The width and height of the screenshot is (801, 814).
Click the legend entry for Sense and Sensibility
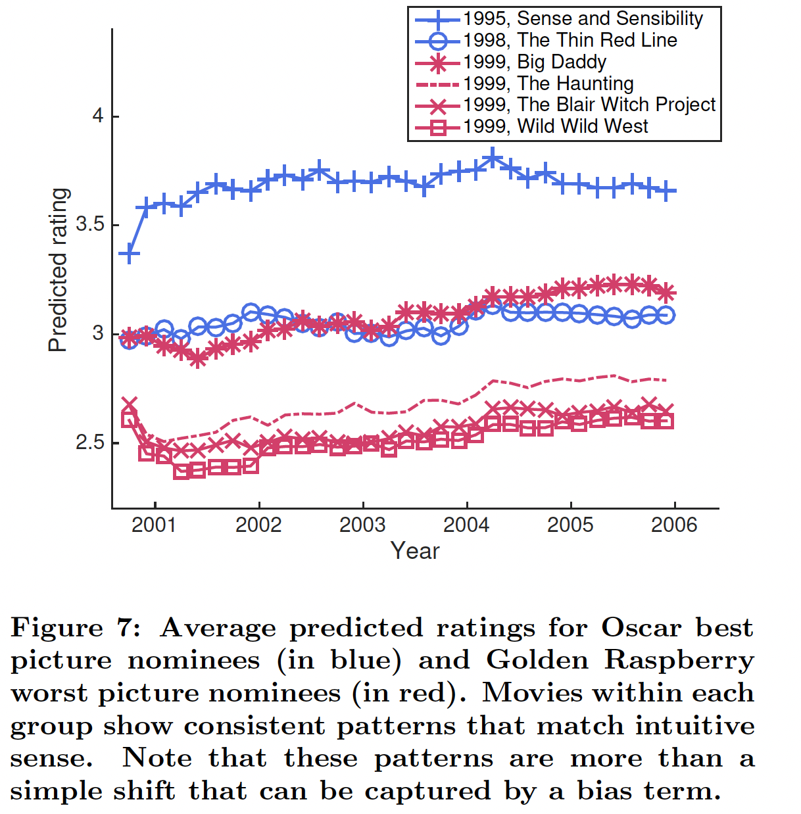(x=583, y=19)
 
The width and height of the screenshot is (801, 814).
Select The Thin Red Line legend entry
(x=570, y=41)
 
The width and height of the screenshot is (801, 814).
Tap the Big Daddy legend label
(x=534, y=62)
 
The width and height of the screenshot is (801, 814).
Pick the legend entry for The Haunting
(x=548, y=84)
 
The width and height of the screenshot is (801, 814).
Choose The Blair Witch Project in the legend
(x=589, y=105)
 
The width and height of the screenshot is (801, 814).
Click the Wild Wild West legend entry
(x=555, y=126)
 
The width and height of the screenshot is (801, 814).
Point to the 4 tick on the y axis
(x=98, y=116)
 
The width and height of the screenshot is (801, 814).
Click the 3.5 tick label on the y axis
(x=90, y=225)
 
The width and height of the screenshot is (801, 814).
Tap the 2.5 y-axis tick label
(x=90, y=443)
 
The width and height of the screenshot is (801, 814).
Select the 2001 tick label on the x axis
(x=154, y=525)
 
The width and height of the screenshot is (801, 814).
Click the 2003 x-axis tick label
(x=362, y=525)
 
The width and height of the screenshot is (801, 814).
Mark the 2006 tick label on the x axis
(x=674, y=525)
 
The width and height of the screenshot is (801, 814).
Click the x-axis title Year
(x=415, y=551)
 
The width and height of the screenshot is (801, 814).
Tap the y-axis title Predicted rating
(x=59, y=270)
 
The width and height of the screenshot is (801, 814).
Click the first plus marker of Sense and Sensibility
(x=129, y=254)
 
